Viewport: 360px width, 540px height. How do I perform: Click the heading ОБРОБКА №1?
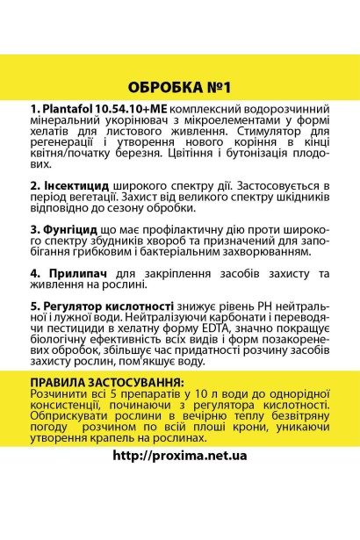(180, 88)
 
